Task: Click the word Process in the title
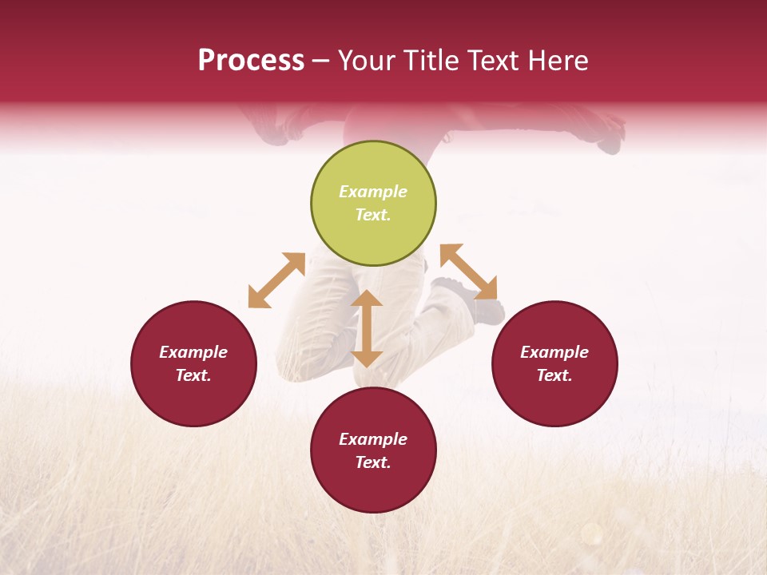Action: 251,61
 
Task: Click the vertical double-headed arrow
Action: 367,328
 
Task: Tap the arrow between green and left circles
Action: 276,280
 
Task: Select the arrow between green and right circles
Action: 468,272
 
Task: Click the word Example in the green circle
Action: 373,192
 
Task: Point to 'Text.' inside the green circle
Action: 373,215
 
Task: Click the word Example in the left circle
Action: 193,352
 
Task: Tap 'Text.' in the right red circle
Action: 554,375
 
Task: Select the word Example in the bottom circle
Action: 373,439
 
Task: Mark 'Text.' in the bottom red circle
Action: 373,462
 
